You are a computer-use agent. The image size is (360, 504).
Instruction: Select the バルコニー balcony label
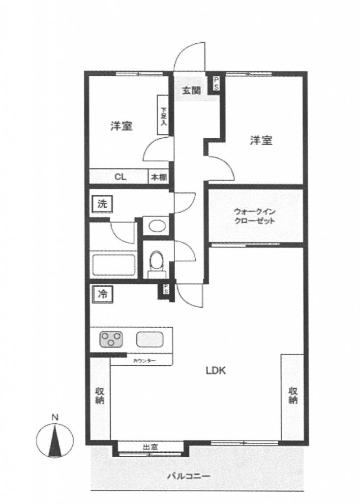[x=188, y=476]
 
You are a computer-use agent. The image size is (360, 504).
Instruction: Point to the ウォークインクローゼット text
[x=254, y=217]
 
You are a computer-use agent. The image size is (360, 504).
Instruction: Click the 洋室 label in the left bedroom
[x=120, y=126]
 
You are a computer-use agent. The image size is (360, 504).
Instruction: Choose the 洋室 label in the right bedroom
[x=261, y=141]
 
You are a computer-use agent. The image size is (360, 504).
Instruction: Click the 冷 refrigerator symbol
[x=102, y=294]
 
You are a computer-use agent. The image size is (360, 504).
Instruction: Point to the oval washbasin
[x=157, y=226]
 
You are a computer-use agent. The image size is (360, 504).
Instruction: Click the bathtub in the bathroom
[x=114, y=265]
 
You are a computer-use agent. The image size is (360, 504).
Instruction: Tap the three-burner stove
[x=113, y=339]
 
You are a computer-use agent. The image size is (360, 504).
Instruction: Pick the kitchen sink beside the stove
[x=150, y=339]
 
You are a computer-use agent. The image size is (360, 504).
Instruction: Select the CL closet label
[x=119, y=177]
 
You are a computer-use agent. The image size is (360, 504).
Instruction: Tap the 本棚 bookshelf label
[x=158, y=177]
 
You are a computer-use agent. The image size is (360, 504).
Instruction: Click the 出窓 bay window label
[x=150, y=447]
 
